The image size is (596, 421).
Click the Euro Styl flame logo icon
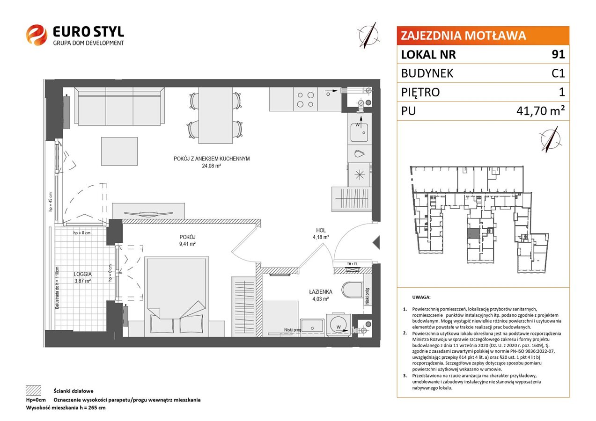pyautogui.click(x=37, y=35)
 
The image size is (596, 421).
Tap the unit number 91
pyautogui.click(x=558, y=54)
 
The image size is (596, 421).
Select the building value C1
pyautogui.click(x=558, y=73)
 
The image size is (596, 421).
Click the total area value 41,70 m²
pyautogui.click(x=540, y=110)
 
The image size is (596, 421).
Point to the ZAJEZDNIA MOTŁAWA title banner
pyautogui.click(x=483, y=36)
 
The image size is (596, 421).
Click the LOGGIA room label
pyautogui.click(x=83, y=274)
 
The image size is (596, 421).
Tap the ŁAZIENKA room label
pyautogui.click(x=321, y=292)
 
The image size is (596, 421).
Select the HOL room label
pyautogui.click(x=321, y=231)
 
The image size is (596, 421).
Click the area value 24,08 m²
pyautogui.click(x=212, y=166)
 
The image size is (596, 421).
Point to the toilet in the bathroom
pyautogui.click(x=352, y=290)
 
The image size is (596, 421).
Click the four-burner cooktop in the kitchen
pyautogui.click(x=305, y=99)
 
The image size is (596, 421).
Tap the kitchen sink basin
pyautogui.click(x=359, y=132)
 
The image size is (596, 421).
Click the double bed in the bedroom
pyautogui.click(x=177, y=297)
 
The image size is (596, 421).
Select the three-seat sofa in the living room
pyautogui.click(x=119, y=106)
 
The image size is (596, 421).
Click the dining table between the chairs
pyautogui.click(x=215, y=116)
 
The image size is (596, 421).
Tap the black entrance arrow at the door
pyautogui.click(x=376, y=242)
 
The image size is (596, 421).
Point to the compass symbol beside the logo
pyautogui.click(x=368, y=36)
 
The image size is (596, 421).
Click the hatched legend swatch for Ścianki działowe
pyautogui.click(x=34, y=391)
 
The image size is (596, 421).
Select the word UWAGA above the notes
pyautogui.click(x=421, y=297)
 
